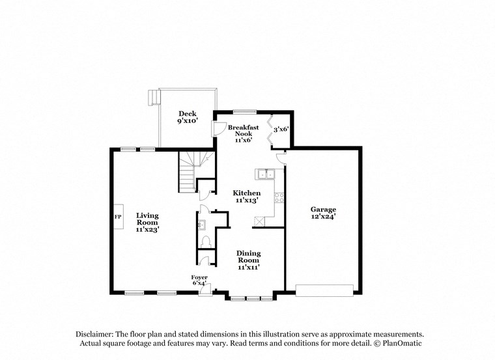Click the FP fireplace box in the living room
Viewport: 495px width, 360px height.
point(119,217)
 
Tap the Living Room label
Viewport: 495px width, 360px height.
point(147,222)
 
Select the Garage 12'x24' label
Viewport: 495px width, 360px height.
point(323,213)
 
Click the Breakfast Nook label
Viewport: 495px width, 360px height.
point(243,133)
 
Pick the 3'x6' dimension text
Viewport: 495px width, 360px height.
point(281,130)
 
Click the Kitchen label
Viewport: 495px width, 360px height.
point(247,197)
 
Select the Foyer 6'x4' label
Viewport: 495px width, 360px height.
point(199,280)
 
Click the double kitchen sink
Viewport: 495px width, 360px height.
point(266,174)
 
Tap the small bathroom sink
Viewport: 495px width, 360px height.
point(201,225)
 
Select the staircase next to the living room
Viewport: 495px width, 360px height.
point(191,171)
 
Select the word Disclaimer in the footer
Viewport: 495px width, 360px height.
point(94,333)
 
